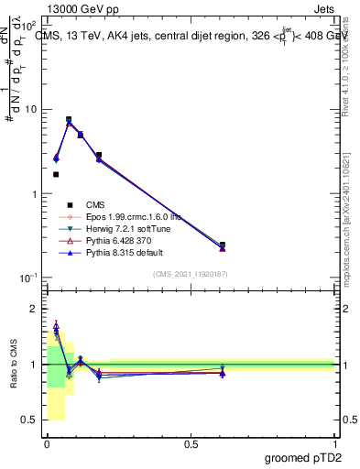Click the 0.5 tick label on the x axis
(x=191, y=442)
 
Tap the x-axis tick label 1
(x=335, y=442)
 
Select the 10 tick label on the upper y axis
(x=30, y=110)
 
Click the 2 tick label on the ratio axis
(x=33, y=309)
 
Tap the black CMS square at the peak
(x=69, y=119)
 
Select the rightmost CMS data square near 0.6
(x=223, y=245)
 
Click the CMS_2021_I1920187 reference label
(x=191, y=274)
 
